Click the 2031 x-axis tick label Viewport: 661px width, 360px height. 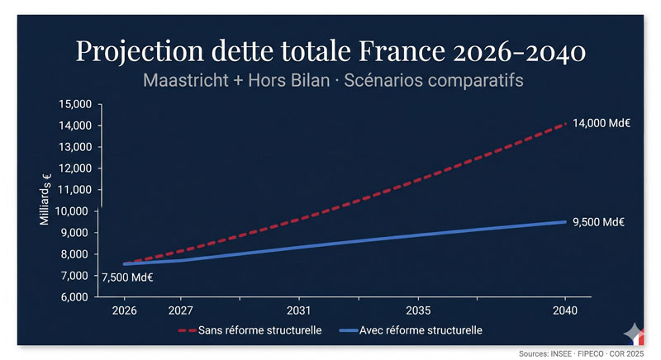point(298,312)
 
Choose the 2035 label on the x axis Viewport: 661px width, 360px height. point(418,312)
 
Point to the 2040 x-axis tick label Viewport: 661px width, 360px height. point(565,312)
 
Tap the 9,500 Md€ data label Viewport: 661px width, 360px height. point(598,222)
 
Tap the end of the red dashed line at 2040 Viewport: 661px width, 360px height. point(564,124)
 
